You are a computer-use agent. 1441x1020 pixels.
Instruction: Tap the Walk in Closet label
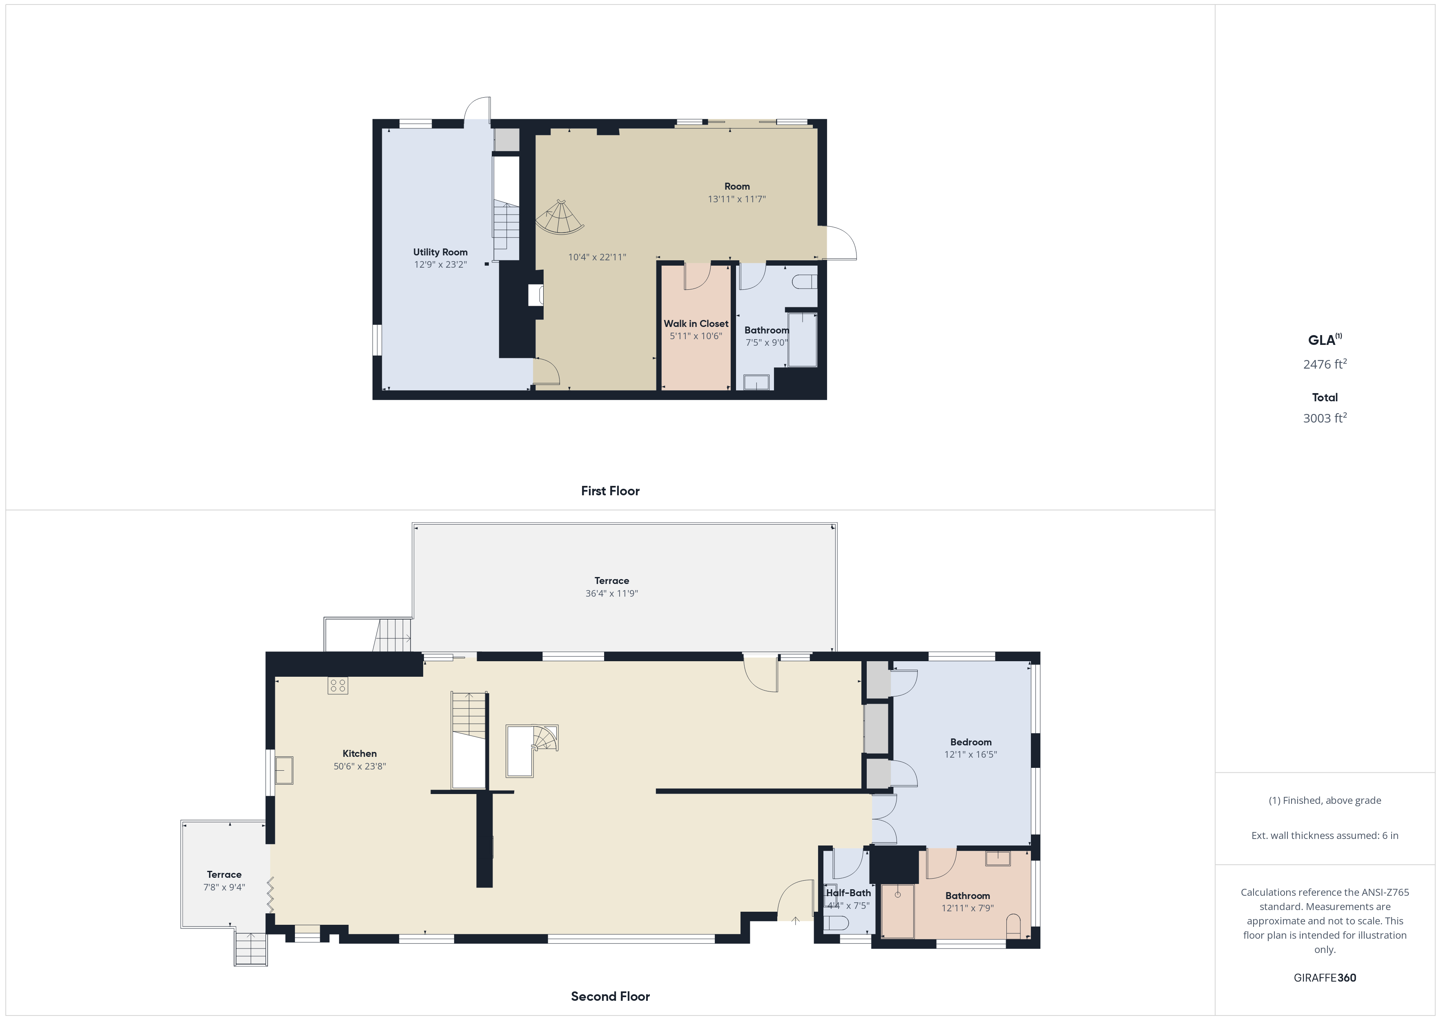click(696, 324)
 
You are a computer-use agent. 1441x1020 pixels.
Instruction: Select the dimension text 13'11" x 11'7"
click(737, 199)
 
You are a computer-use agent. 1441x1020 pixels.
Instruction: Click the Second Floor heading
click(610, 996)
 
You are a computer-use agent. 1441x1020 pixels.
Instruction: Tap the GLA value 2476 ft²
click(1325, 364)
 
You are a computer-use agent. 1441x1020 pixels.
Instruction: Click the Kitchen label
click(359, 754)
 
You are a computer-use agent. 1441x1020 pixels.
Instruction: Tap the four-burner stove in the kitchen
click(338, 685)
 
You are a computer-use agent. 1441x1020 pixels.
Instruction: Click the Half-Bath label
click(848, 892)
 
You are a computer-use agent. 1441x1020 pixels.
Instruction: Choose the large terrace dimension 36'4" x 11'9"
click(612, 593)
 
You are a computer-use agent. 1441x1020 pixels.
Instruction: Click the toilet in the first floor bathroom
click(805, 282)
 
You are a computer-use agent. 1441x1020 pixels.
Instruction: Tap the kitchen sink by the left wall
click(284, 771)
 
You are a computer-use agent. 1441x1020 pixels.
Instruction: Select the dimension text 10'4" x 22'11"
click(597, 257)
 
